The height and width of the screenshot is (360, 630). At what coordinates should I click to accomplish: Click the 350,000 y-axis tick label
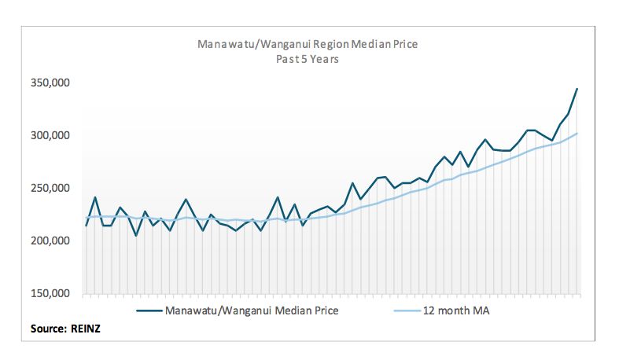(50, 83)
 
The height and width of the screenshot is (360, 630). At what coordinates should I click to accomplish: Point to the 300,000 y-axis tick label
(50, 135)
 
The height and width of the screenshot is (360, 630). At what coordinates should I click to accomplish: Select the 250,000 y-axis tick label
(50, 188)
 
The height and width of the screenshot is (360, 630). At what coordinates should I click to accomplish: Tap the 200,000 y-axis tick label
(50, 241)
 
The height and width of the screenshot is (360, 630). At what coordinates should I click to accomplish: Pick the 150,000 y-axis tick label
(50, 293)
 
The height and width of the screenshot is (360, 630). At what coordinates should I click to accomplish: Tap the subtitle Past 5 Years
(308, 59)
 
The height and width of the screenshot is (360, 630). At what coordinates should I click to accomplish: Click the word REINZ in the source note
(86, 329)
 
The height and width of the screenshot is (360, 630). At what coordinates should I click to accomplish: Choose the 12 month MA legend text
(456, 310)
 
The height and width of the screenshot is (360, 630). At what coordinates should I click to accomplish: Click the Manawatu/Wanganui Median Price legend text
(252, 310)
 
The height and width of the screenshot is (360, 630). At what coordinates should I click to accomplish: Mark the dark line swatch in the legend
(149, 310)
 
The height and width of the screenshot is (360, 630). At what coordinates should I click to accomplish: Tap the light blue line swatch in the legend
(407, 310)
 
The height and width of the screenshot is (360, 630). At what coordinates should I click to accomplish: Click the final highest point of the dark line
(577, 89)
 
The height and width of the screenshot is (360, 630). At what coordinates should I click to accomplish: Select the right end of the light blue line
(577, 134)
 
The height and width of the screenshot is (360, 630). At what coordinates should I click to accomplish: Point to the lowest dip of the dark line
(136, 236)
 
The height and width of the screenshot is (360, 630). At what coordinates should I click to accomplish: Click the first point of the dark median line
(86, 226)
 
